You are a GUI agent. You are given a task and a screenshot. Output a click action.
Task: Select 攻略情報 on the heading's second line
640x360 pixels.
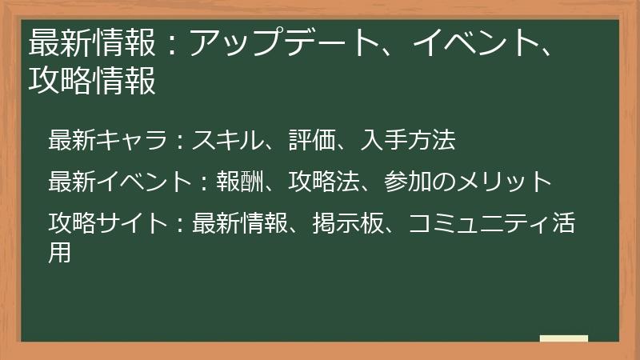(x=92, y=80)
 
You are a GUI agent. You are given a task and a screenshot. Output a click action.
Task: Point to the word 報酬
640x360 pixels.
(x=240, y=182)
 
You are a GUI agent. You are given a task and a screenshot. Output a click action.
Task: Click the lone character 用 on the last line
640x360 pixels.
(x=60, y=251)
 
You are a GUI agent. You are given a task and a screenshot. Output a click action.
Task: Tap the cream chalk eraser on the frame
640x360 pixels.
(x=563, y=339)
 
